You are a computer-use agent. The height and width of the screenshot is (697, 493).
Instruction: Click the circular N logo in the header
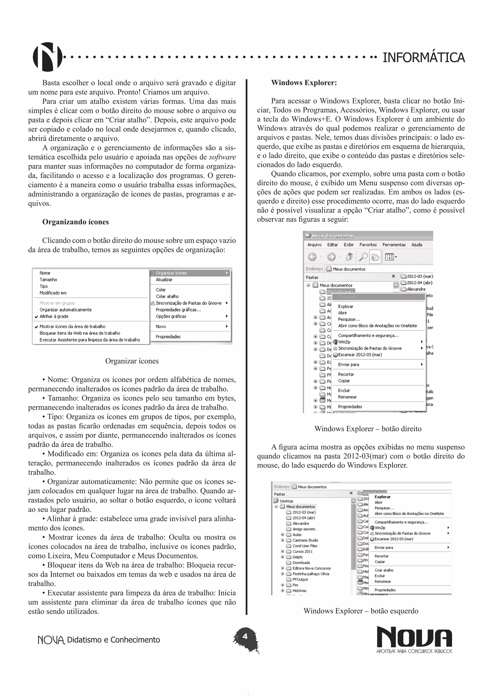click(47, 57)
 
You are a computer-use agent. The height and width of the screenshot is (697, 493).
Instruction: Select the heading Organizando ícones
click(75, 222)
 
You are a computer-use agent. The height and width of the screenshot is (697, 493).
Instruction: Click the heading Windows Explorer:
click(304, 83)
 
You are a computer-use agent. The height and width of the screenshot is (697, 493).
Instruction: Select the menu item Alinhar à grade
click(54, 316)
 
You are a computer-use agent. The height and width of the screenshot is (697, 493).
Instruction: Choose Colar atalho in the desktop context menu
click(167, 296)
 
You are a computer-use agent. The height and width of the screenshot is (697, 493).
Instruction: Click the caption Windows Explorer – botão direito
click(368, 429)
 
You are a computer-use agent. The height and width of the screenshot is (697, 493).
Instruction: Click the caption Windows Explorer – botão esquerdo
click(361, 611)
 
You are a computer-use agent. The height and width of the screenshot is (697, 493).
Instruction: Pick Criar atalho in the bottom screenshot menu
click(384, 570)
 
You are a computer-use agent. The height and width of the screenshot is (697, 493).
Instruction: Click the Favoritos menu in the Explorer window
click(368, 245)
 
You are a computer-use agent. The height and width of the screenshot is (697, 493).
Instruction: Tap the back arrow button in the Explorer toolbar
click(312, 257)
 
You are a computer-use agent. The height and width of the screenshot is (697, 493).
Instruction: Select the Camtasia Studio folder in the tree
click(305, 540)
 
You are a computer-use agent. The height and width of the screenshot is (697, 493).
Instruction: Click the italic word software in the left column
click(222, 157)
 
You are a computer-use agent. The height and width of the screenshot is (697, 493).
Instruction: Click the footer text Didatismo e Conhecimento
click(113, 640)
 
